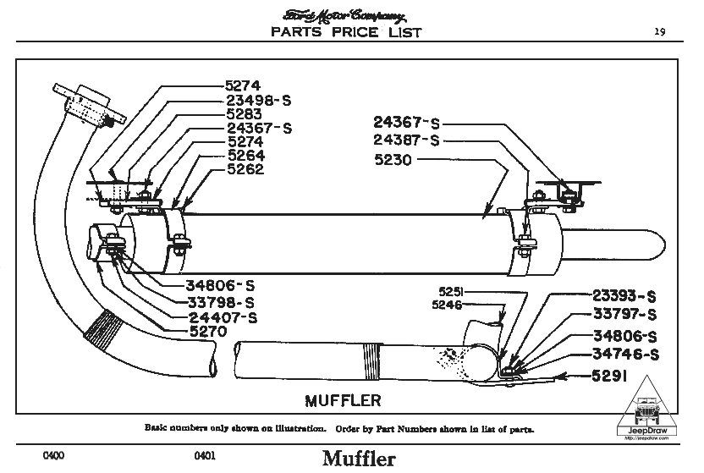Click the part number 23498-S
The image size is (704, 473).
click(259, 100)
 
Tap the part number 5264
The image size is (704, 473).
click(244, 156)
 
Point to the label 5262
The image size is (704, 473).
click(244, 168)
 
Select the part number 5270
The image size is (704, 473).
click(207, 333)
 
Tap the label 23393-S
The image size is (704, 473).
click(625, 296)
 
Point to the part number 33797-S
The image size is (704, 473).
click(625, 315)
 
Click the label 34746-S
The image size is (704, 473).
click(625, 353)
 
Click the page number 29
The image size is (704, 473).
click(659, 31)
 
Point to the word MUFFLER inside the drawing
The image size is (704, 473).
click(342, 399)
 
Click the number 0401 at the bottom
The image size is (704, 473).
click(206, 456)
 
